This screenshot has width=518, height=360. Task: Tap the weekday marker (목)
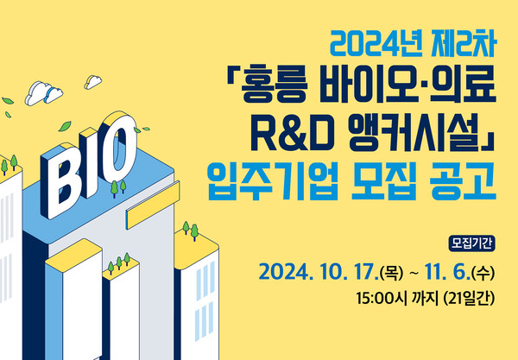pyautogui.click(x=388, y=273)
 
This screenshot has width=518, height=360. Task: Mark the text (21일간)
pyautogui.click(x=473, y=300)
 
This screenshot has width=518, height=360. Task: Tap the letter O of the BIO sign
pyautogui.click(x=124, y=143)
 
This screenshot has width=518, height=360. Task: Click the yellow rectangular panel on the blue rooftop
pyautogui.click(x=149, y=210)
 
